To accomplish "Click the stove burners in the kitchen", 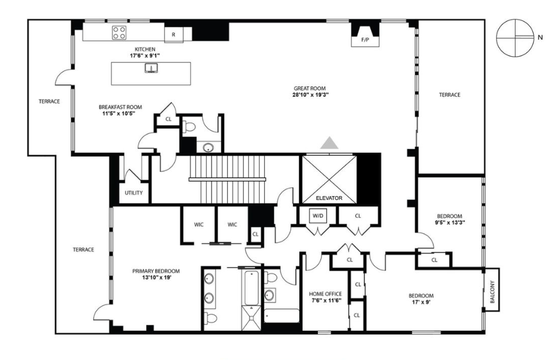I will coord(119,33).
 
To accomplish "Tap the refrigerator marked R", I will coord(174,34).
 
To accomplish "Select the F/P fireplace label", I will coord(365,40).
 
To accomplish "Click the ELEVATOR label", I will coord(329,198).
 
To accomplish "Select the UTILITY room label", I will coord(134,193).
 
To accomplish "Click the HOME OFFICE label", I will coord(326,294).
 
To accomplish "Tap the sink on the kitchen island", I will coord(150,68).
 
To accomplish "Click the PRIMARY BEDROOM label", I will coord(156,271).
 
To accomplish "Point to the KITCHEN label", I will coord(145,48).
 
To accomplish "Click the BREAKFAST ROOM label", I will coord(120,107).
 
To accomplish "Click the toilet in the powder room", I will coord(190,127).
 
